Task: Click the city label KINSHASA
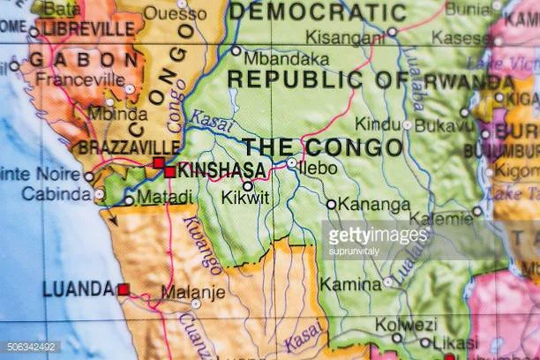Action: point(221,171)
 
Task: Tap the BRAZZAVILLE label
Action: point(129,147)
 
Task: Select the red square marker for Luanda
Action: point(124,289)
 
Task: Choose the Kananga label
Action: point(376,206)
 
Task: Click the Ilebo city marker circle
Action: point(292,163)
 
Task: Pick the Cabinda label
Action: point(56,194)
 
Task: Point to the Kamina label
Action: point(350,284)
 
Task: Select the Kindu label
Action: point(379,124)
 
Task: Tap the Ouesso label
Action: point(176,12)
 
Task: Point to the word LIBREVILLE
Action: point(79,28)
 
